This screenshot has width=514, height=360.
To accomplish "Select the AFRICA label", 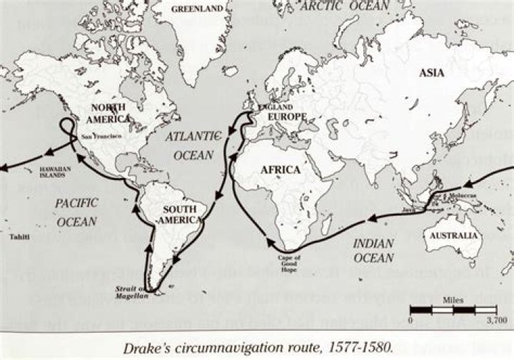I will click(x=280, y=169).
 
